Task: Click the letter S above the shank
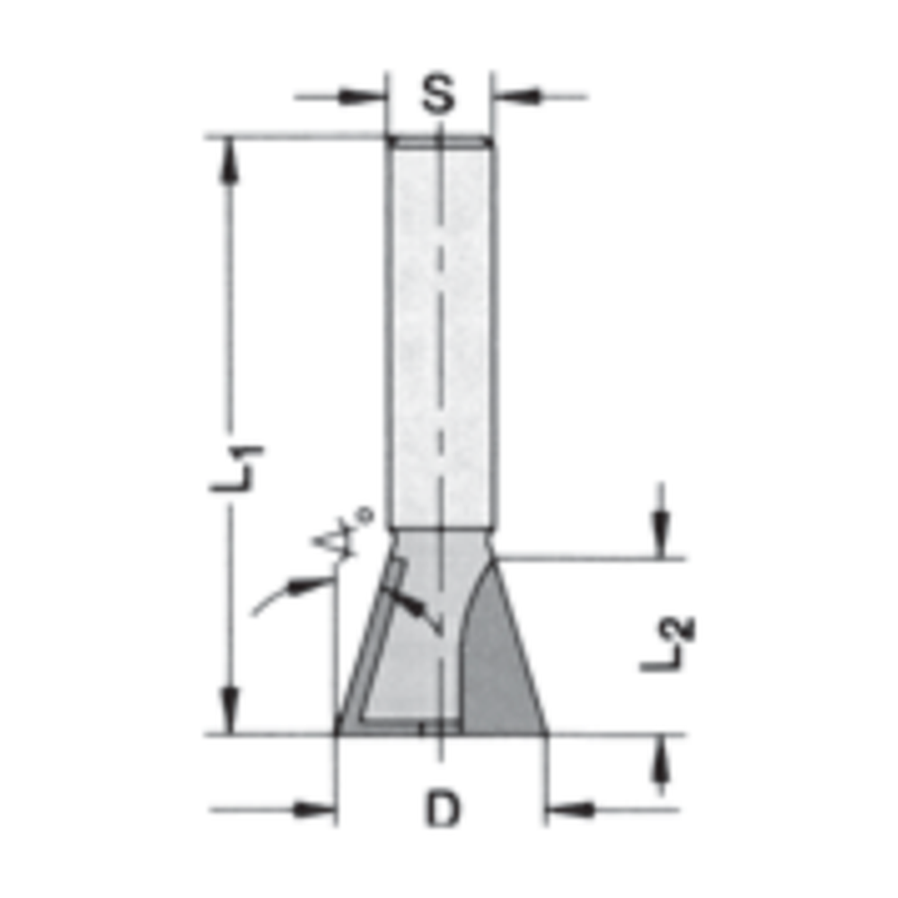(x=438, y=94)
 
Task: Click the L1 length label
(x=235, y=468)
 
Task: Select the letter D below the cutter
(x=441, y=811)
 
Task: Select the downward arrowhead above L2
(x=661, y=535)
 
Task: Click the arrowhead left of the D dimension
(x=315, y=810)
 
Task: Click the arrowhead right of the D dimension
(x=568, y=810)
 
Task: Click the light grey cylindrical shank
(x=440, y=332)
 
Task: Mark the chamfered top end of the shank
(x=440, y=141)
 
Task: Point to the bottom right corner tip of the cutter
(x=544, y=729)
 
